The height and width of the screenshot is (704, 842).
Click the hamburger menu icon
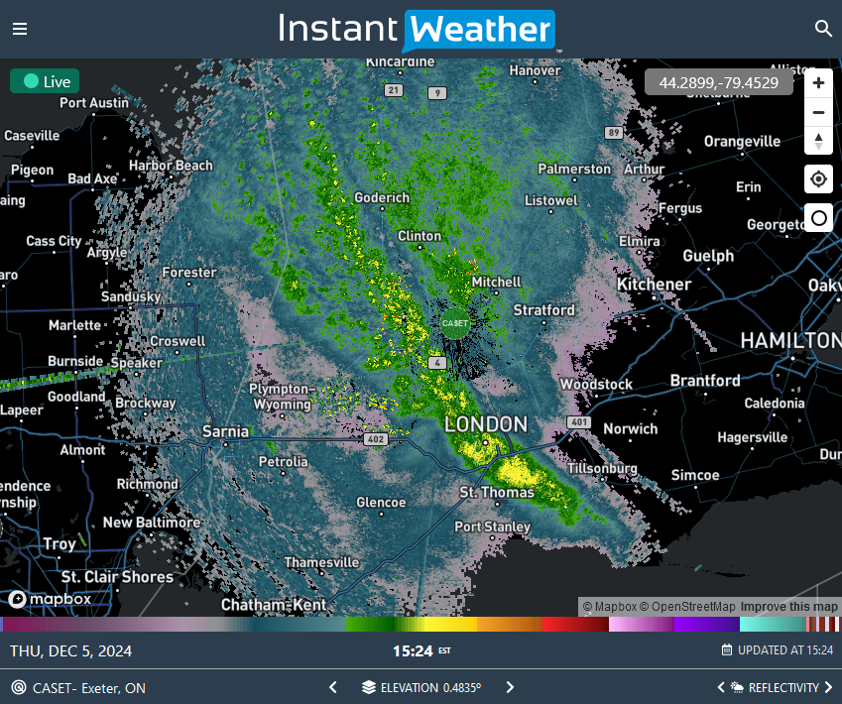(20, 29)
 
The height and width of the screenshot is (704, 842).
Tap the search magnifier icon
(823, 29)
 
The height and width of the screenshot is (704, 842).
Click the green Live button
(45, 81)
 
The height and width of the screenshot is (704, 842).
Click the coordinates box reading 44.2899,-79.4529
(718, 82)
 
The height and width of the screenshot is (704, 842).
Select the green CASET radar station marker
(454, 322)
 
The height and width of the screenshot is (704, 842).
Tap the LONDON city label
(486, 424)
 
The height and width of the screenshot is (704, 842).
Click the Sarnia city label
(224, 431)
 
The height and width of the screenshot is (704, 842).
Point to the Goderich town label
(382, 197)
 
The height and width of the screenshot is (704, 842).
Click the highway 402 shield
(375, 438)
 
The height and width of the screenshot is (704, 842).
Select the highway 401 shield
(580, 423)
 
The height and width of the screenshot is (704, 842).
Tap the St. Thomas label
(497, 492)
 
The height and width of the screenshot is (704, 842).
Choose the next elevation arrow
(510, 687)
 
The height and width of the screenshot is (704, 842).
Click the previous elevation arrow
(333, 687)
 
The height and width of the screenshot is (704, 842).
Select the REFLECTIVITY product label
(783, 687)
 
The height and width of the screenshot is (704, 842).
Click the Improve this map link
(788, 607)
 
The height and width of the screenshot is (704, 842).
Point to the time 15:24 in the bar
(413, 651)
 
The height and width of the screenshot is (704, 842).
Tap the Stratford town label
(543, 310)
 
